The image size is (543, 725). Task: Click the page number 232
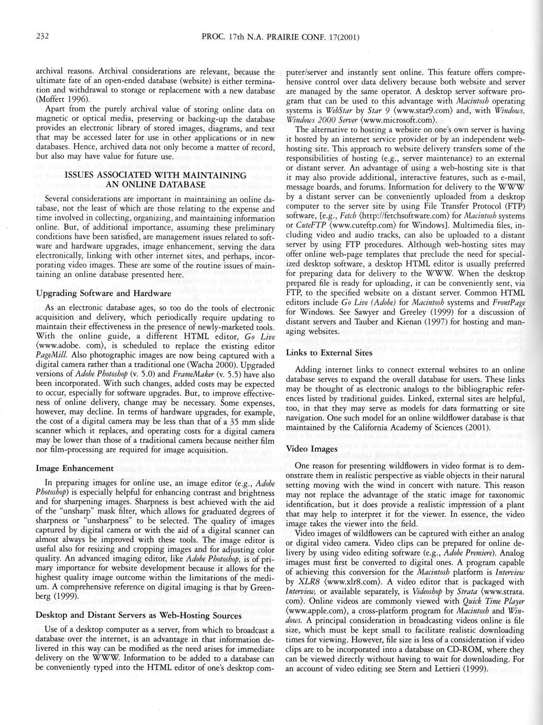pyautogui.click(x=42, y=36)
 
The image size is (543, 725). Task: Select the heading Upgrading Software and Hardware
pyautogui.click(x=103, y=293)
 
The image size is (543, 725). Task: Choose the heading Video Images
pyautogui.click(x=312, y=449)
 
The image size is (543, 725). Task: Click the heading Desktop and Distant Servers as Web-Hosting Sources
pyautogui.click(x=139, y=615)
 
